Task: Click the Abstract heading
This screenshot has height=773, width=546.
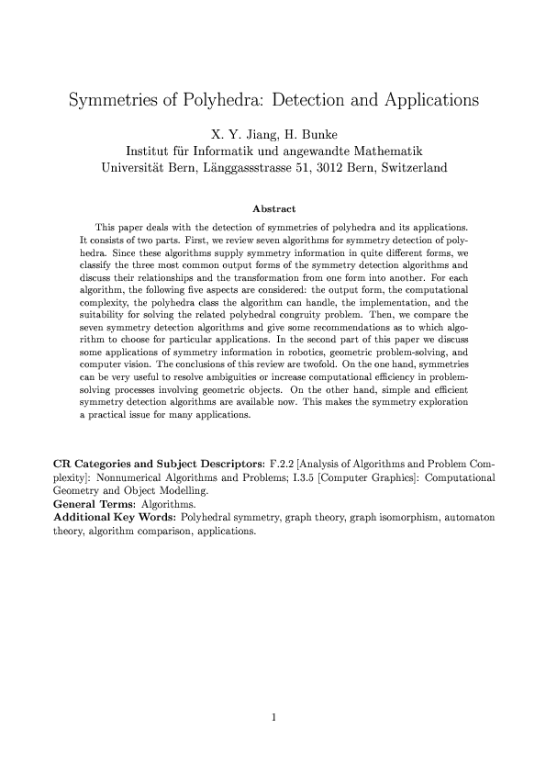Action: tap(273, 208)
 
